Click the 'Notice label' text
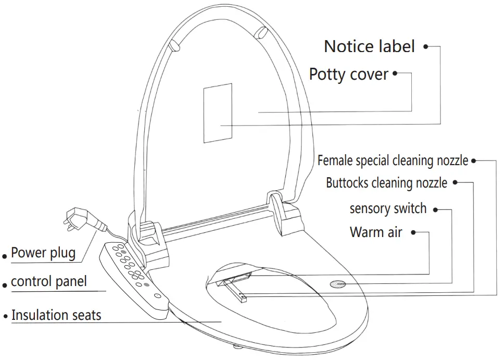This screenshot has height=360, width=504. pyautogui.click(x=369, y=46)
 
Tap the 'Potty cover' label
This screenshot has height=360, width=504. pyautogui.click(x=348, y=74)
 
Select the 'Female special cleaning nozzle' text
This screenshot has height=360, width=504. pyautogui.click(x=393, y=160)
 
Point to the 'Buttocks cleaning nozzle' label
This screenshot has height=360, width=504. pyautogui.click(x=386, y=183)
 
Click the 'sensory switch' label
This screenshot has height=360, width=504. pyautogui.click(x=388, y=209)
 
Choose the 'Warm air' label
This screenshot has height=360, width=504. pyautogui.click(x=375, y=232)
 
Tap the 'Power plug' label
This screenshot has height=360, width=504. pyautogui.click(x=43, y=253)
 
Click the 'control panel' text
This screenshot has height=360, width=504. pyautogui.click(x=48, y=282)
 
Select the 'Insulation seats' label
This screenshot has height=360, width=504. pyautogui.click(x=56, y=315)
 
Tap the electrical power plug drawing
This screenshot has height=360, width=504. pyautogui.click(x=78, y=219)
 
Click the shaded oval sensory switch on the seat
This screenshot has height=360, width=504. pyautogui.click(x=338, y=284)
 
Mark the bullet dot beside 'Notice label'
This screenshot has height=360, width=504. pyautogui.click(x=425, y=46)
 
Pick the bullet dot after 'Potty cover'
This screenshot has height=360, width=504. pyautogui.click(x=395, y=73)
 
